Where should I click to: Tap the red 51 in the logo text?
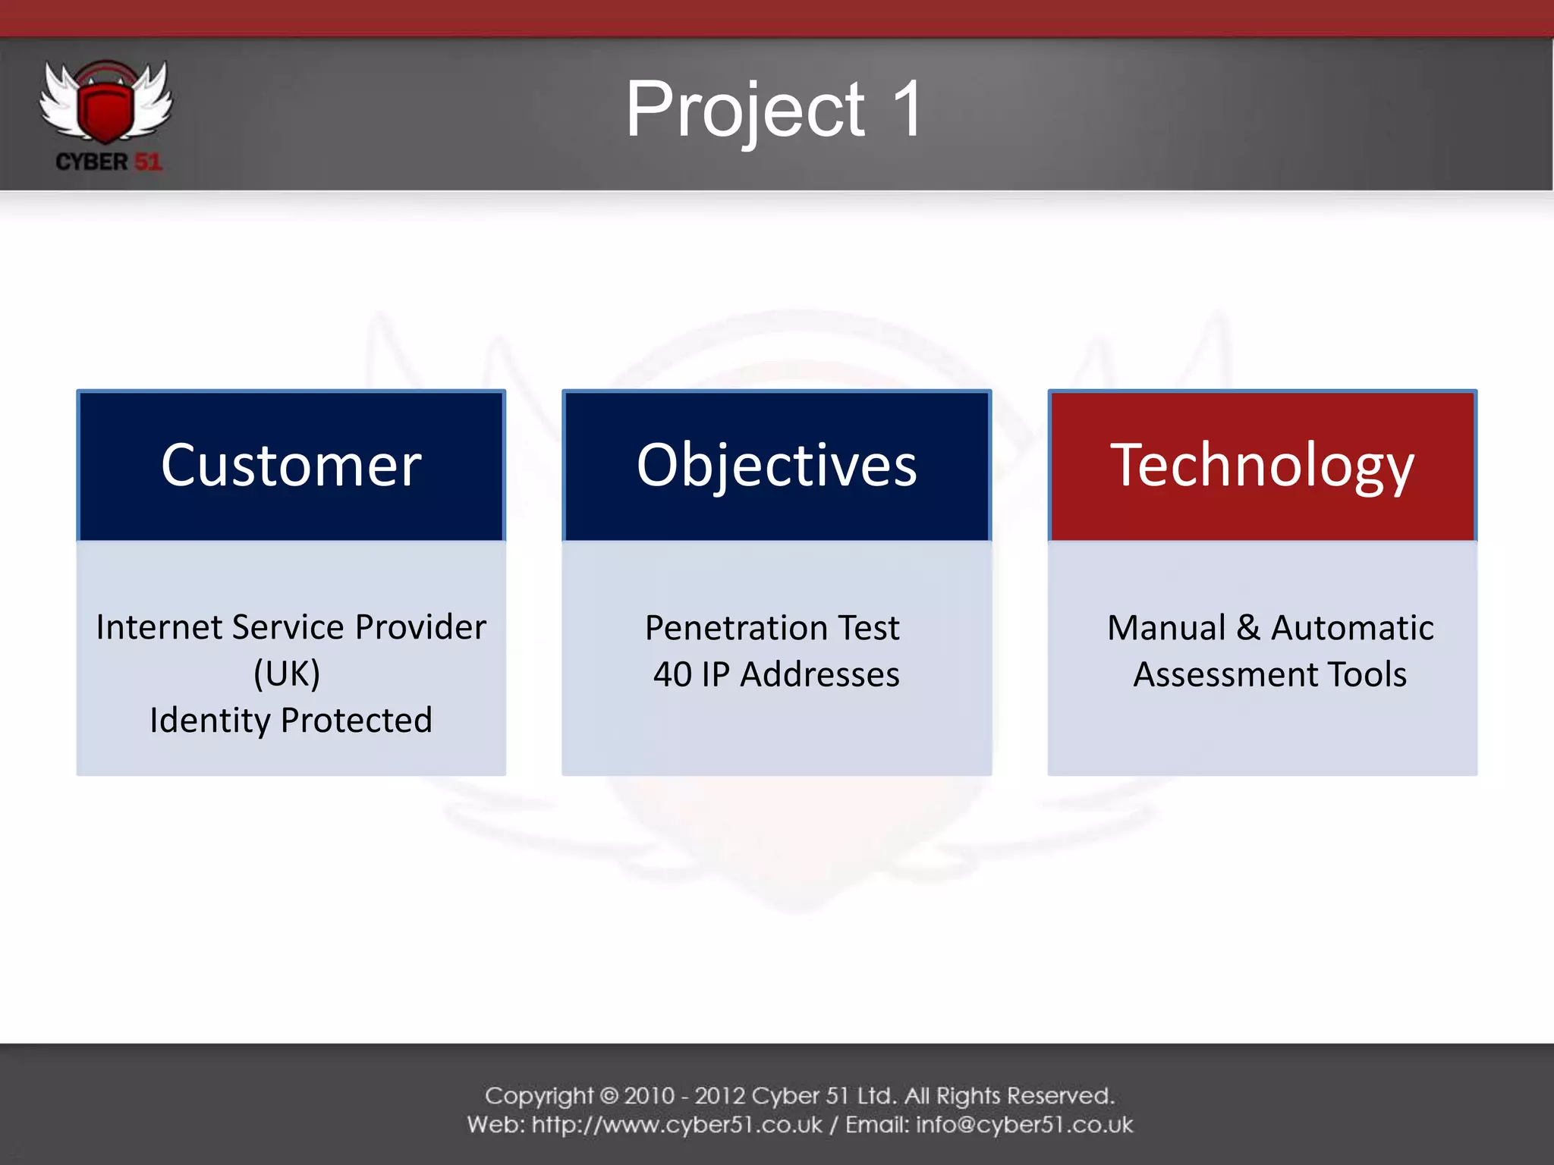click(x=148, y=162)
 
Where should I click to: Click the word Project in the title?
click(x=744, y=111)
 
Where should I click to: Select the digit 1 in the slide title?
click(x=907, y=109)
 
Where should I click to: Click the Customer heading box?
click(x=291, y=466)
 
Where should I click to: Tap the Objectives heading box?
click(x=776, y=466)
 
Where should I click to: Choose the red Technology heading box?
click(x=1262, y=466)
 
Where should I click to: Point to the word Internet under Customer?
click(x=159, y=627)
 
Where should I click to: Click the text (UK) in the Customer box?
click(x=287, y=674)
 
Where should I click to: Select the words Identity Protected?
click(x=291, y=720)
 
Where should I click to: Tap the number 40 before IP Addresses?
click(x=672, y=674)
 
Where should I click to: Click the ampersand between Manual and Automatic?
click(x=1248, y=628)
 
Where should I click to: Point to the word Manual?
click(x=1166, y=628)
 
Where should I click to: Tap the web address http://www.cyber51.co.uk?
click(x=677, y=1125)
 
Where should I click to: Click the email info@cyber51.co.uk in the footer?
click(x=1024, y=1125)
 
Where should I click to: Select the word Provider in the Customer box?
click(x=420, y=627)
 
